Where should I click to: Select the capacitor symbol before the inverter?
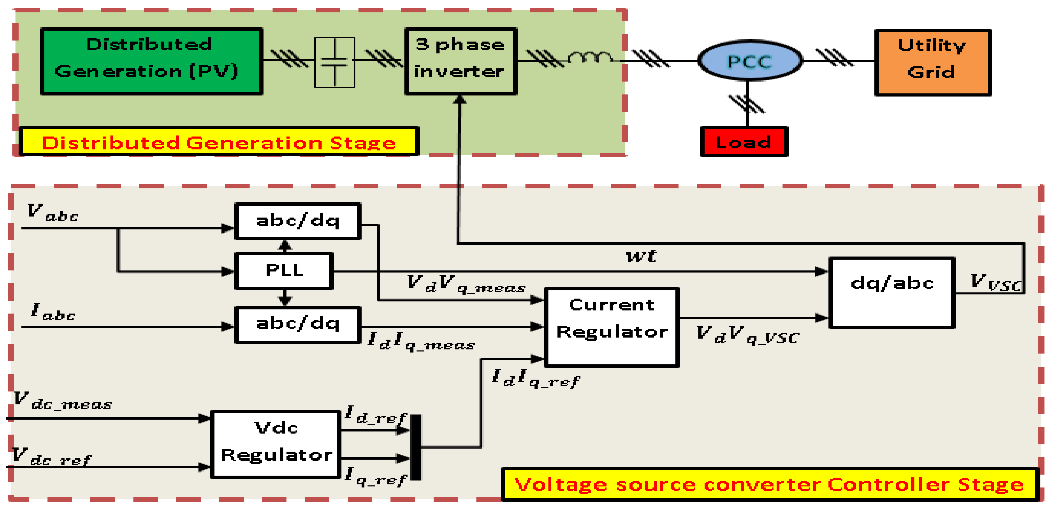(x=334, y=62)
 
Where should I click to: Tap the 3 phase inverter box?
(x=461, y=61)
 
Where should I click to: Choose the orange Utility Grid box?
(x=933, y=62)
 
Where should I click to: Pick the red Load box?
(x=744, y=141)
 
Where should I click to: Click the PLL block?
(x=284, y=270)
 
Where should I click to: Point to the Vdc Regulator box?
(x=276, y=444)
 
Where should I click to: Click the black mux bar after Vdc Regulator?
(x=416, y=447)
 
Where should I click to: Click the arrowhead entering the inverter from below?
(x=460, y=100)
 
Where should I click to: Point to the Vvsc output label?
(x=996, y=282)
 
